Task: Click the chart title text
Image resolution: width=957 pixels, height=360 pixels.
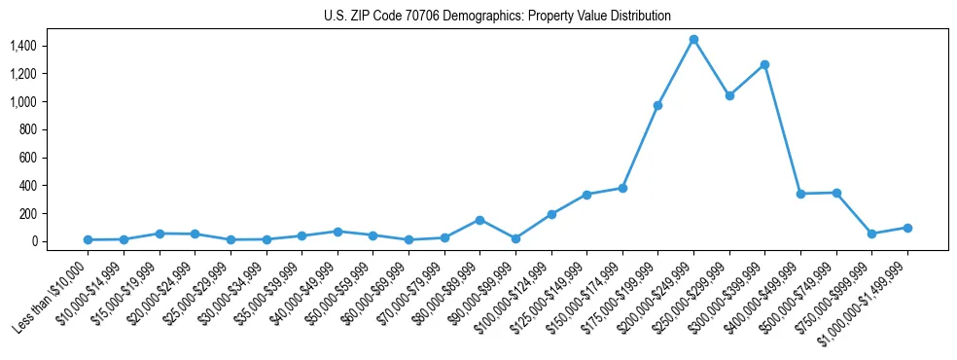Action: point(497,17)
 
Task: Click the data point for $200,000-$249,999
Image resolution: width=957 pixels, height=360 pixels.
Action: point(693,40)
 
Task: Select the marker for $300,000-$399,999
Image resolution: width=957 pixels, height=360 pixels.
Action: point(764,65)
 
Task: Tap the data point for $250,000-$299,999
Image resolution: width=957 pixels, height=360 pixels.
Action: point(729,95)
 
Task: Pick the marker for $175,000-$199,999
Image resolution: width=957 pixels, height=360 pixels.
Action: point(657,105)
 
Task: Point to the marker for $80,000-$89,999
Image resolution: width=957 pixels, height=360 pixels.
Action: point(479,220)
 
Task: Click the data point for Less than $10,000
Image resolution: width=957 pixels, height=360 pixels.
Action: point(88,239)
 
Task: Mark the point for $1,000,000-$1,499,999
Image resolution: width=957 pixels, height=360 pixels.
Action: point(907,228)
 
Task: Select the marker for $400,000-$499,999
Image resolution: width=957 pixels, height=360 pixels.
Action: point(800,194)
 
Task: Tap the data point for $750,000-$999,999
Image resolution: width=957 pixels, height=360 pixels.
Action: point(871,234)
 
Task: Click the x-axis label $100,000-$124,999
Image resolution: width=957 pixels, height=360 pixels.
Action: point(514,294)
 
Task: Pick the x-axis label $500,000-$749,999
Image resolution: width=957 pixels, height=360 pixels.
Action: point(799,294)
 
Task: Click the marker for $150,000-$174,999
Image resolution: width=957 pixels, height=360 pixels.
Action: point(622,188)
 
